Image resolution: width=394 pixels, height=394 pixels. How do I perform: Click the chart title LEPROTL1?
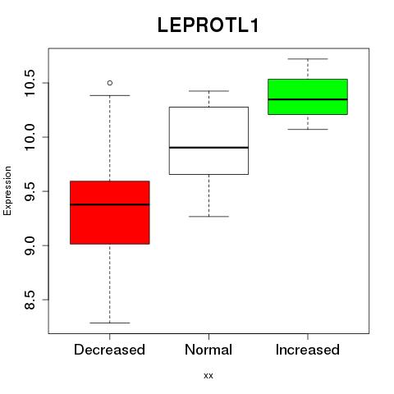click(208, 25)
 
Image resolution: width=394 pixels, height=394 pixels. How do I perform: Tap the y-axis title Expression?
click(7, 190)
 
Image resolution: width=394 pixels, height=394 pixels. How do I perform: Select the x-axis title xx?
click(208, 376)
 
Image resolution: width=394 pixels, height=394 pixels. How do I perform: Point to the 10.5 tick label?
click(29, 83)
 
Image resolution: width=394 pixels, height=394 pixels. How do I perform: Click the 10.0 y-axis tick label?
click(29, 137)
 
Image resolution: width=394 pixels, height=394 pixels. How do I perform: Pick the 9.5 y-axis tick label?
click(29, 191)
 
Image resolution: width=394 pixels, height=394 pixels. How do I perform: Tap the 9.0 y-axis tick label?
click(29, 245)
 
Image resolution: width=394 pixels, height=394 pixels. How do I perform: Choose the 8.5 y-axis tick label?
click(29, 300)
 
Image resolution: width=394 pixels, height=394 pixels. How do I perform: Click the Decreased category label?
click(109, 350)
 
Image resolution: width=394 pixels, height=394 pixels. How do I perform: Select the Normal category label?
click(208, 350)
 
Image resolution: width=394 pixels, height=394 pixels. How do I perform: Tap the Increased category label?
click(308, 350)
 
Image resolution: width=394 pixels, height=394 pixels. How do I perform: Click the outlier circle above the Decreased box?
click(110, 83)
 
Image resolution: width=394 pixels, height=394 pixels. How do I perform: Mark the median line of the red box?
click(110, 204)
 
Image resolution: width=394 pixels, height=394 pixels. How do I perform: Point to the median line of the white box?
click(208, 148)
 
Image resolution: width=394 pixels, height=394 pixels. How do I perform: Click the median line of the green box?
click(308, 99)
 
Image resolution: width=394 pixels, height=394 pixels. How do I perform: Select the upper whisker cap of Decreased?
click(110, 95)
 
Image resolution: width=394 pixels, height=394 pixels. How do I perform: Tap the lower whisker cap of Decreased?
click(110, 323)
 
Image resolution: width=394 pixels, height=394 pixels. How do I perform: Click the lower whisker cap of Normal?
click(208, 217)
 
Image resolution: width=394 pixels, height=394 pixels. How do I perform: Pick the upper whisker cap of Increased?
click(308, 59)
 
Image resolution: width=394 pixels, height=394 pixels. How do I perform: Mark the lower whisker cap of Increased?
click(308, 129)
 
